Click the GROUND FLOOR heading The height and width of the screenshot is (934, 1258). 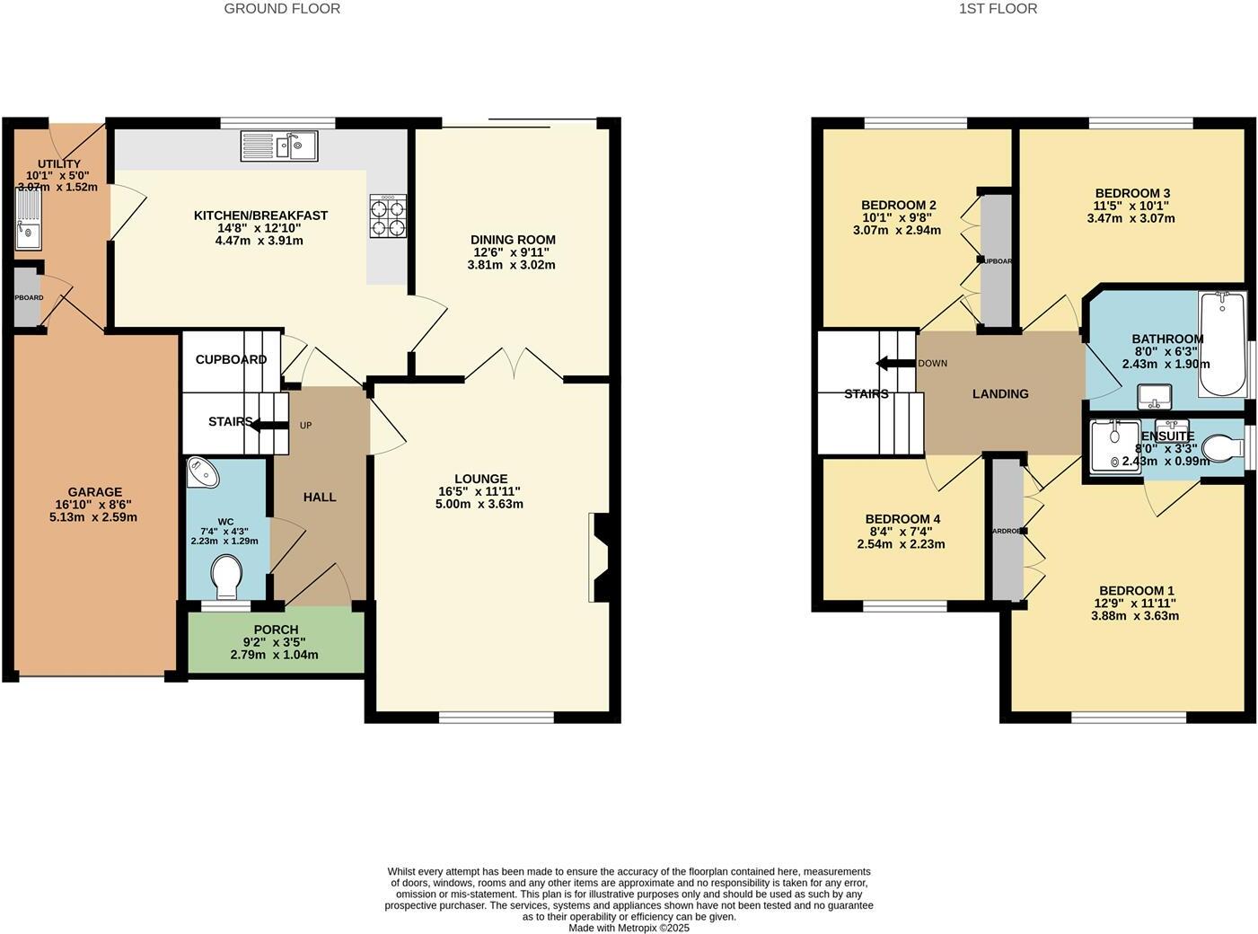coord(282,9)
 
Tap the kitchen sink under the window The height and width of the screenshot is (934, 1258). coord(278,145)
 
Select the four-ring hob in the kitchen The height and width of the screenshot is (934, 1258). coord(388,216)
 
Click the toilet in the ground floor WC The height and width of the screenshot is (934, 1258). coord(224,576)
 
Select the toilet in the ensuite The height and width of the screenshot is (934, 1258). coord(1221,446)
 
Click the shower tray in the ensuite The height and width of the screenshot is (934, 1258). coord(1114,445)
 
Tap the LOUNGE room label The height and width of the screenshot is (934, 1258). coord(480,479)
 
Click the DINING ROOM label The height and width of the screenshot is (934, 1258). coord(513,240)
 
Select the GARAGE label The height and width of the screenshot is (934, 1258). coord(95,492)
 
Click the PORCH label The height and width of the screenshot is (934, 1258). coord(276,630)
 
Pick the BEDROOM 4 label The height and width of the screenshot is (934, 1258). coord(902,519)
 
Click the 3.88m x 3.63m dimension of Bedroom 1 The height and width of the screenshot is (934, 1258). coord(1134,616)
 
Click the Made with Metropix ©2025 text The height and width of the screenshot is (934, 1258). coord(629,928)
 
